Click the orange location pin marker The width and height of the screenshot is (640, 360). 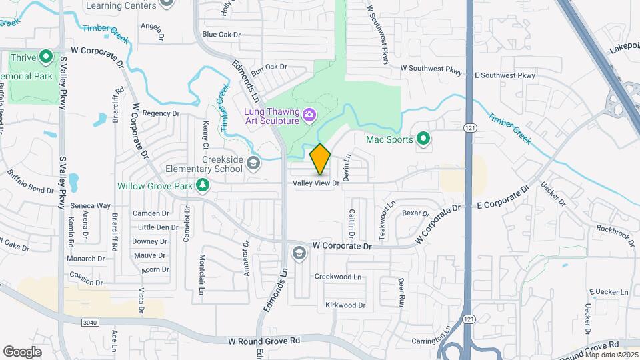321,159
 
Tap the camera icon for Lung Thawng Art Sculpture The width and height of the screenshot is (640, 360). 309,116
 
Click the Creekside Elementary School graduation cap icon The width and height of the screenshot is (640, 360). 253,163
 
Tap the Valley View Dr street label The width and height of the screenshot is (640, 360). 317,183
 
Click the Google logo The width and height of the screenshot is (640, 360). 22,351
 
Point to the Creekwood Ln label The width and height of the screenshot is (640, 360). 337,277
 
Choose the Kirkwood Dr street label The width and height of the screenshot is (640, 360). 345,305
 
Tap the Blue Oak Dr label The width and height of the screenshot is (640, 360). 221,34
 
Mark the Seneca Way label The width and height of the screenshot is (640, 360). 90,205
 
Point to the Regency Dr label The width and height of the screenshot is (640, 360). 157,113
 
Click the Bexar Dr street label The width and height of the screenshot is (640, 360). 416,213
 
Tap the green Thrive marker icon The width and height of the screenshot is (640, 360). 46,56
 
